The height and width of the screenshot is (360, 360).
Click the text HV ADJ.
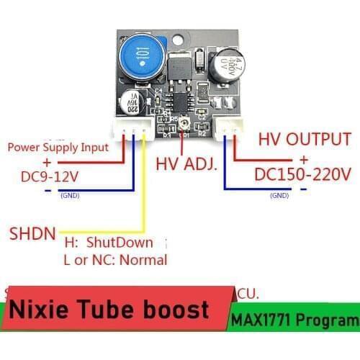(186, 165)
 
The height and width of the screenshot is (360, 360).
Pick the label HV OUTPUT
(305, 139)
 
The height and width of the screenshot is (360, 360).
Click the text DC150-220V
(302, 174)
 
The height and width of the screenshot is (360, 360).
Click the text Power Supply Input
(58, 147)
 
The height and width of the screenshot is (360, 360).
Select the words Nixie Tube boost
(111, 310)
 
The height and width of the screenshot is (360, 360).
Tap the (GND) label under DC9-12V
(70, 196)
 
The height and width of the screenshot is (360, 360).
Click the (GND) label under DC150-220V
(279, 195)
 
